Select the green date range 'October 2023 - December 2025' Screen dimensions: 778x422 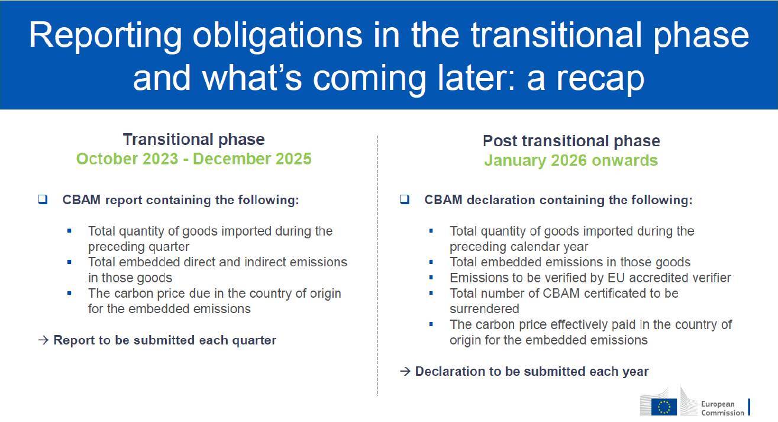(194, 159)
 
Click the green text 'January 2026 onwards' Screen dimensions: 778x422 (571, 160)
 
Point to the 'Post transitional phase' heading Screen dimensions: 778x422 (572, 141)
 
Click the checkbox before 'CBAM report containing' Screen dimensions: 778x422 (43, 199)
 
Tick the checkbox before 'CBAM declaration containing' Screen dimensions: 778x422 (404, 199)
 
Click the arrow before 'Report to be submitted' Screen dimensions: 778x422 (43, 340)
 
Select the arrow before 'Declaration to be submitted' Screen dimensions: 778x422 (405, 371)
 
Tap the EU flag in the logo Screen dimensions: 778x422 (664, 407)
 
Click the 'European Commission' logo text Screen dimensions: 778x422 (722, 408)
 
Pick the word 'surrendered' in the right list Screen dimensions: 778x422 (484, 309)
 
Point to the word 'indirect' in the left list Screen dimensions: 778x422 (265, 262)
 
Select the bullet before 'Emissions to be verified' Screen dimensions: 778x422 (431, 278)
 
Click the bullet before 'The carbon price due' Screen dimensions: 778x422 (69, 293)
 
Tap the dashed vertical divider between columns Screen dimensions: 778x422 (377, 266)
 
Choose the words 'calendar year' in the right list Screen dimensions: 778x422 (550, 247)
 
